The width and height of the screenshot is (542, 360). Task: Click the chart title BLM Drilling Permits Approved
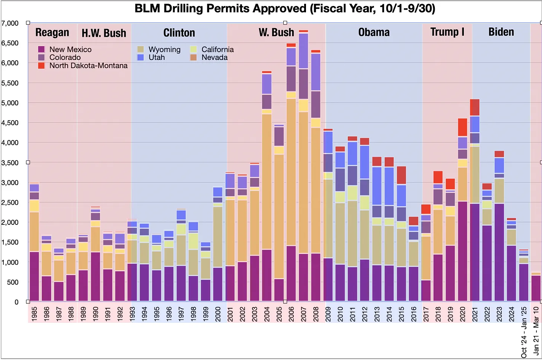[285, 8]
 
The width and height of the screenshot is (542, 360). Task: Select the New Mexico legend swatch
[41, 50]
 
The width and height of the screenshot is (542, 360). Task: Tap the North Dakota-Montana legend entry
[88, 66]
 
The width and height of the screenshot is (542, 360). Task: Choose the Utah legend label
[157, 57]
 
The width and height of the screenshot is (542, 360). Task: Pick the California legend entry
[217, 50]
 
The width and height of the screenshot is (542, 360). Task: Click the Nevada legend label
[214, 57]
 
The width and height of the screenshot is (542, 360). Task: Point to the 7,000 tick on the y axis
[10, 23]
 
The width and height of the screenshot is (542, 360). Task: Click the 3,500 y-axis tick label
[10, 163]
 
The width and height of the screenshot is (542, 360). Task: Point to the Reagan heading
[52, 33]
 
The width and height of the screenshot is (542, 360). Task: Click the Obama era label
[374, 32]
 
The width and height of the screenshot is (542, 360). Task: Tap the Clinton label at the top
[179, 33]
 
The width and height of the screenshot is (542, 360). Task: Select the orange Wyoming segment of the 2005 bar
[279, 216]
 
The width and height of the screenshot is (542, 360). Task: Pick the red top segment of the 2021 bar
[475, 107]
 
